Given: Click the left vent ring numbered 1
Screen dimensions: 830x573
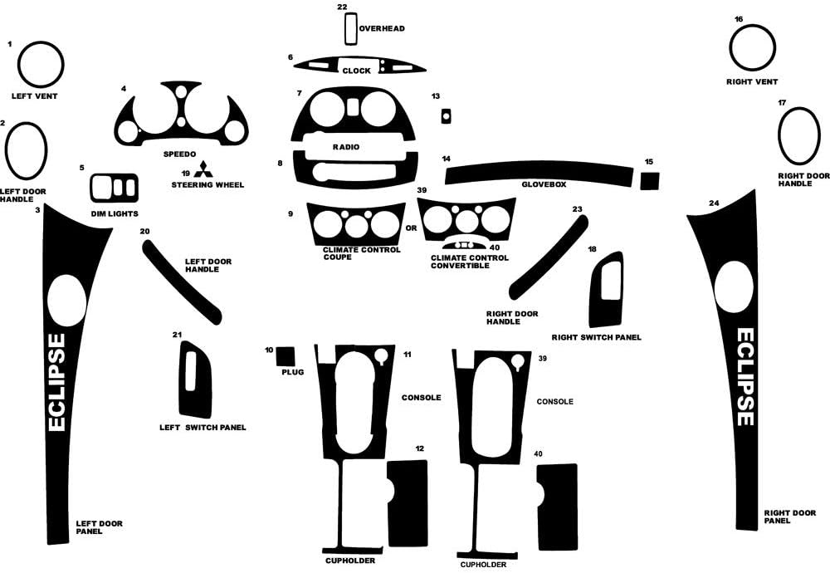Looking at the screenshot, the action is pyautogui.click(x=41, y=64).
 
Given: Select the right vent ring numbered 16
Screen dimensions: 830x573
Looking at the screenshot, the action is pyautogui.click(x=752, y=47).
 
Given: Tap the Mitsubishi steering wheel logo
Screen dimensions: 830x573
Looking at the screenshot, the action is pyautogui.click(x=203, y=169).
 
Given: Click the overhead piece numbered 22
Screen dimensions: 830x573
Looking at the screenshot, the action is pyautogui.click(x=350, y=28).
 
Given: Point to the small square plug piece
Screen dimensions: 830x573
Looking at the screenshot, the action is pyautogui.click(x=286, y=356).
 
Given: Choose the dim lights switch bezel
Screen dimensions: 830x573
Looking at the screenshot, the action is pyautogui.click(x=115, y=188).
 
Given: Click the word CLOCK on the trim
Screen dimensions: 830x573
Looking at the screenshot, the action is pyautogui.click(x=356, y=71).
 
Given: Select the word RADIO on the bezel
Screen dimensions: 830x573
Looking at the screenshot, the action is pyautogui.click(x=346, y=147).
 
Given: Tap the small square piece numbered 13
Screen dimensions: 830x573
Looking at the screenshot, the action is pyautogui.click(x=447, y=116).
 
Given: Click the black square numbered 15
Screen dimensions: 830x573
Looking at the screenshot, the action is pyautogui.click(x=650, y=180).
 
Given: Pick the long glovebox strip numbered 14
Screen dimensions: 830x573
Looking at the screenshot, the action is pyautogui.click(x=539, y=174).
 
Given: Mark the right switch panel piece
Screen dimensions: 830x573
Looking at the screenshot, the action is pyautogui.click(x=606, y=290).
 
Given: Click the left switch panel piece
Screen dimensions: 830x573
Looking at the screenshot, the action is pyautogui.click(x=195, y=380).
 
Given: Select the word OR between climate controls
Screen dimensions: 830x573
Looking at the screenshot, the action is pyautogui.click(x=412, y=228).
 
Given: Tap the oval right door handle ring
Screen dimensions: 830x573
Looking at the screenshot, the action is pyautogui.click(x=798, y=136).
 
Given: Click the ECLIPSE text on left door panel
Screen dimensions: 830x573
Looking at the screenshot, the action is pyautogui.click(x=56, y=382).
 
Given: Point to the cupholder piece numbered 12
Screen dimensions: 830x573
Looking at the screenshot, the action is pyautogui.click(x=408, y=503).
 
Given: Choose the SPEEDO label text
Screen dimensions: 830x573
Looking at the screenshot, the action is pyautogui.click(x=179, y=154).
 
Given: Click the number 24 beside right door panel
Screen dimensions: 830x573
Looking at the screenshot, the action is pyautogui.click(x=714, y=203).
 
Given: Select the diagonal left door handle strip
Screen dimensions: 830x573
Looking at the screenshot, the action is pyautogui.click(x=182, y=282).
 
